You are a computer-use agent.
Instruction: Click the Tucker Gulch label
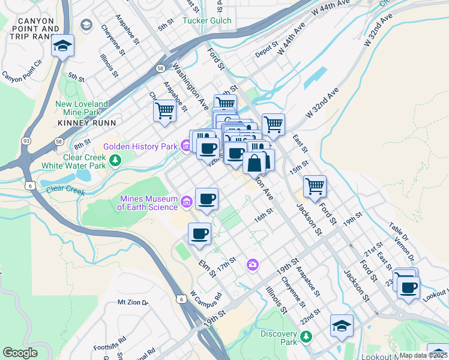(206, 20)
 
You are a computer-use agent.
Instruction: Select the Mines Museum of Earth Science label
(148, 203)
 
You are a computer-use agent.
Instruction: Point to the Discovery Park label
(279, 338)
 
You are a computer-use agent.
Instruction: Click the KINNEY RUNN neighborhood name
(82, 123)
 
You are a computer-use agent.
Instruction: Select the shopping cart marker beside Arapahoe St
(164, 110)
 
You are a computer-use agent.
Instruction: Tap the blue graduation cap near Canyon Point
(62, 46)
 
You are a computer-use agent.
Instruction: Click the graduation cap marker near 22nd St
(342, 326)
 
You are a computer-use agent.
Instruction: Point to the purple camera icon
(253, 264)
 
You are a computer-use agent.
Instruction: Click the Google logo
(20, 353)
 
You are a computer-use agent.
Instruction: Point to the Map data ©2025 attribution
(423, 355)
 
